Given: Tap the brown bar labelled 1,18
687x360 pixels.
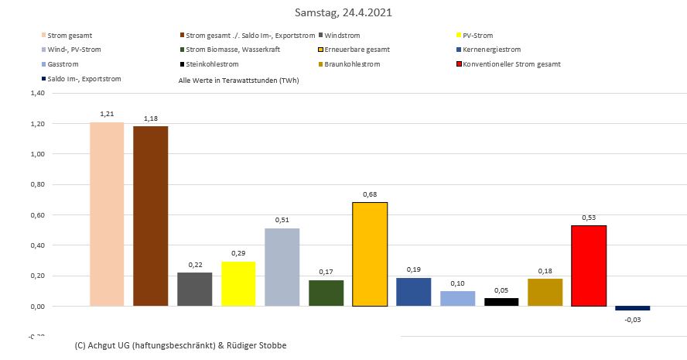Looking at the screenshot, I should [x=150, y=216].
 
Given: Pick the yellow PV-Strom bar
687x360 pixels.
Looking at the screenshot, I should [x=238, y=283].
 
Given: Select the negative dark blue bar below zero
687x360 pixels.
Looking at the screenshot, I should [x=632, y=308].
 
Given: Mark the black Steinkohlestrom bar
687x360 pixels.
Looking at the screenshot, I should [x=501, y=302].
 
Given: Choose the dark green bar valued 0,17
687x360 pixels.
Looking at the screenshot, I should [x=326, y=293].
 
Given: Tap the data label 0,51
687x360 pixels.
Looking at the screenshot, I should [x=282, y=220].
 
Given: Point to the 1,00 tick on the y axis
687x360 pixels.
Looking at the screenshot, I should [x=36, y=154].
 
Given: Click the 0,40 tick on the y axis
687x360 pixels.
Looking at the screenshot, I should [x=36, y=245].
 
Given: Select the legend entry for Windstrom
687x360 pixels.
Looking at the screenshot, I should [x=342, y=36].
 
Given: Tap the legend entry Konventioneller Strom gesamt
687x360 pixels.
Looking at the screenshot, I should [x=511, y=64].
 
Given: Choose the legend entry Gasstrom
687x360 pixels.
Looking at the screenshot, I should [x=63, y=64].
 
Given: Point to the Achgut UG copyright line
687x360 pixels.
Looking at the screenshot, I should [x=181, y=345].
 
